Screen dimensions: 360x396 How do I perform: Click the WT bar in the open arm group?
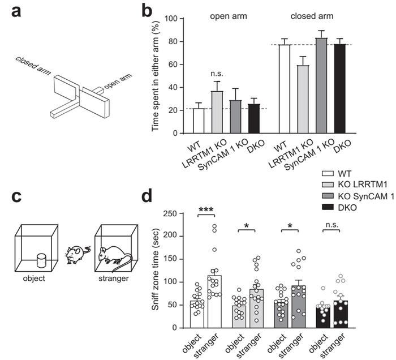(183, 121)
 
